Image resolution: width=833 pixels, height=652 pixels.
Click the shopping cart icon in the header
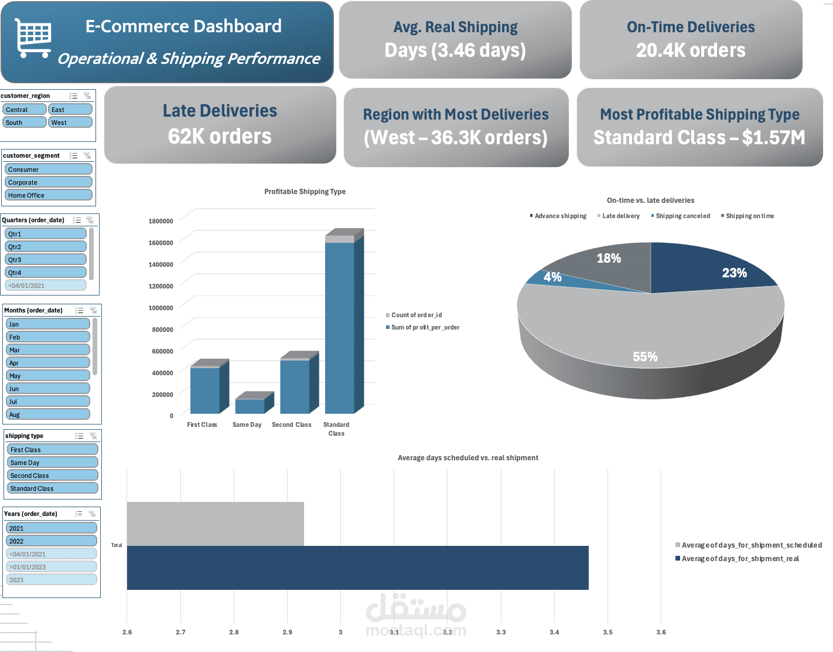coord(33,38)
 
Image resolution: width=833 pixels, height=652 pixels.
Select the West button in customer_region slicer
coord(70,123)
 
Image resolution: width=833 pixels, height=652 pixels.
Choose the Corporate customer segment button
coord(49,182)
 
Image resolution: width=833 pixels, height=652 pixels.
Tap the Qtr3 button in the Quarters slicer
coord(46,260)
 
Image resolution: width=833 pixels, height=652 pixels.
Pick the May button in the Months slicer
coord(47,376)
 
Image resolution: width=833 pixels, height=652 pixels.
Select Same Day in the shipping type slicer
coord(52,463)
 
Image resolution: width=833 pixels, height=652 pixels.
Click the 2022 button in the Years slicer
coord(52,541)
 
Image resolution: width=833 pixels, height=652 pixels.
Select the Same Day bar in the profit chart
coord(250,406)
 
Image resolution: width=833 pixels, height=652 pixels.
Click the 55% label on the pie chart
coord(645,356)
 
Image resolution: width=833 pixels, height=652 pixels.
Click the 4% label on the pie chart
coord(552,277)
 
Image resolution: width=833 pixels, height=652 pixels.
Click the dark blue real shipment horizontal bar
coord(357,568)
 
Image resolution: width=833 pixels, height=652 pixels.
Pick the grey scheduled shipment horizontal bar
coord(215,524)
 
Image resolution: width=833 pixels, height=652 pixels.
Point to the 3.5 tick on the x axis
coord(607,632)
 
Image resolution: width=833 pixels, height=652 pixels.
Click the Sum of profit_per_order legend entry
coord(425,328)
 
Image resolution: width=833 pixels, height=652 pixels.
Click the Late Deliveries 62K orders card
coord(220,124)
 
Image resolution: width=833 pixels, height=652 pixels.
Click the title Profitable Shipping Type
coord(305,192)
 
